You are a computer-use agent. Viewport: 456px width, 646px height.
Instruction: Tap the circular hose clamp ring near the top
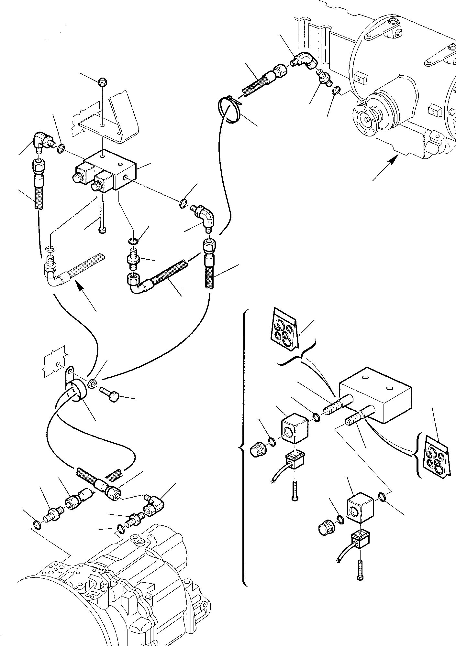tap(229, 110)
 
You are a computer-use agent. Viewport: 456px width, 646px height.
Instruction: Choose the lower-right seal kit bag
tap(435, 458)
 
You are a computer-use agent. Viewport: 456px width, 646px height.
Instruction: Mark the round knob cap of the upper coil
tap(258, 449)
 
